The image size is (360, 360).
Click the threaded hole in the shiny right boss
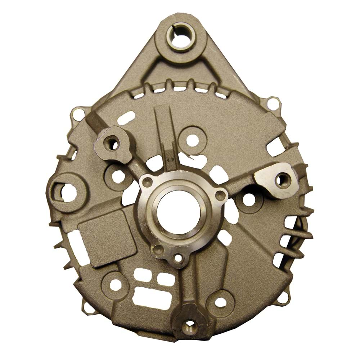pyautogui.click(x=282, y=180)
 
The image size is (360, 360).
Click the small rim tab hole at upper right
pyautogui.click(x=274, y=104)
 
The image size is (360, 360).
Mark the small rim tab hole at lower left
pyautogui.click(x=86, y=307)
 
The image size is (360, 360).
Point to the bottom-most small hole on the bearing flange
pyautogui.click(x=177, y=258)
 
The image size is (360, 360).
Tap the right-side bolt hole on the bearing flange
pyautogui.click(x=220, y=195)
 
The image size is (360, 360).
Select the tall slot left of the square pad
pyautogui.click(x=75, y=242)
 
